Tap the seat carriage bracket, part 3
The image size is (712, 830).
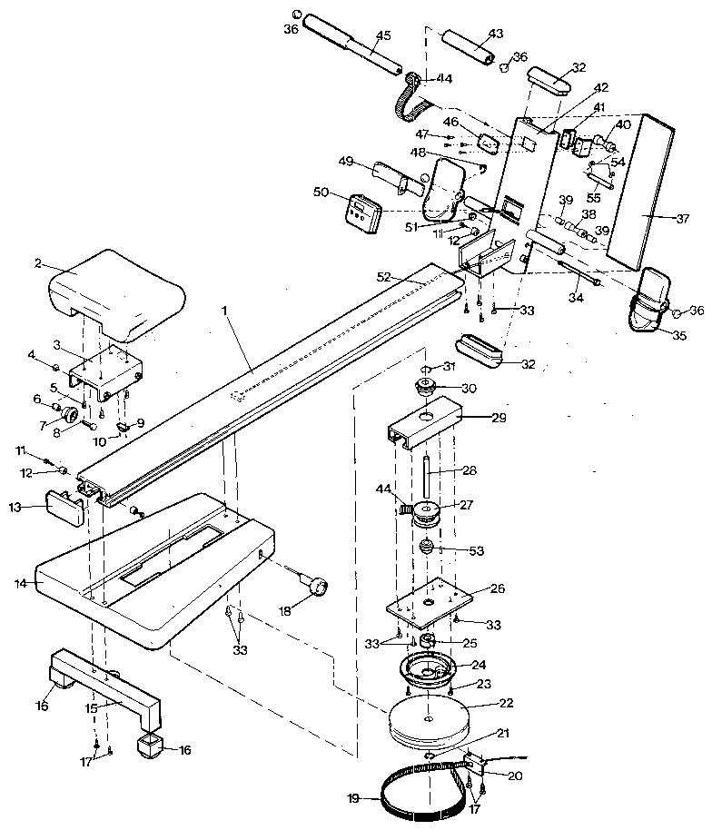(x=110, y=370)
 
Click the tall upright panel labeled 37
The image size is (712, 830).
(x=643, y=191)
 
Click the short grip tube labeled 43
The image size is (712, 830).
(x=470, y=50)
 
